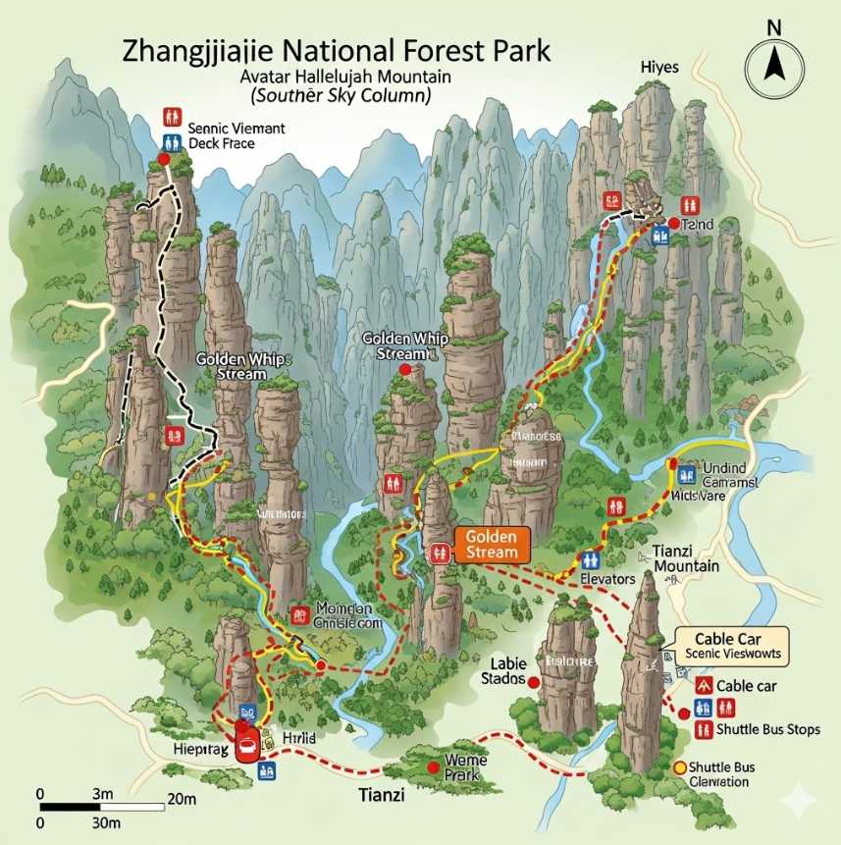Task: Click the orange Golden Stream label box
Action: (491, 545)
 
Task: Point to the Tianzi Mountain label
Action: (687, 558)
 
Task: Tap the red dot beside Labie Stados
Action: (534, 681)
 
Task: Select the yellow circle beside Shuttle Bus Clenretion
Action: (678, 766)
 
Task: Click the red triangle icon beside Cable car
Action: (704, 685)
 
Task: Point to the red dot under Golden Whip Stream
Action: (404, 369)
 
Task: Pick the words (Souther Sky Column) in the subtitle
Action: (341, 96)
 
